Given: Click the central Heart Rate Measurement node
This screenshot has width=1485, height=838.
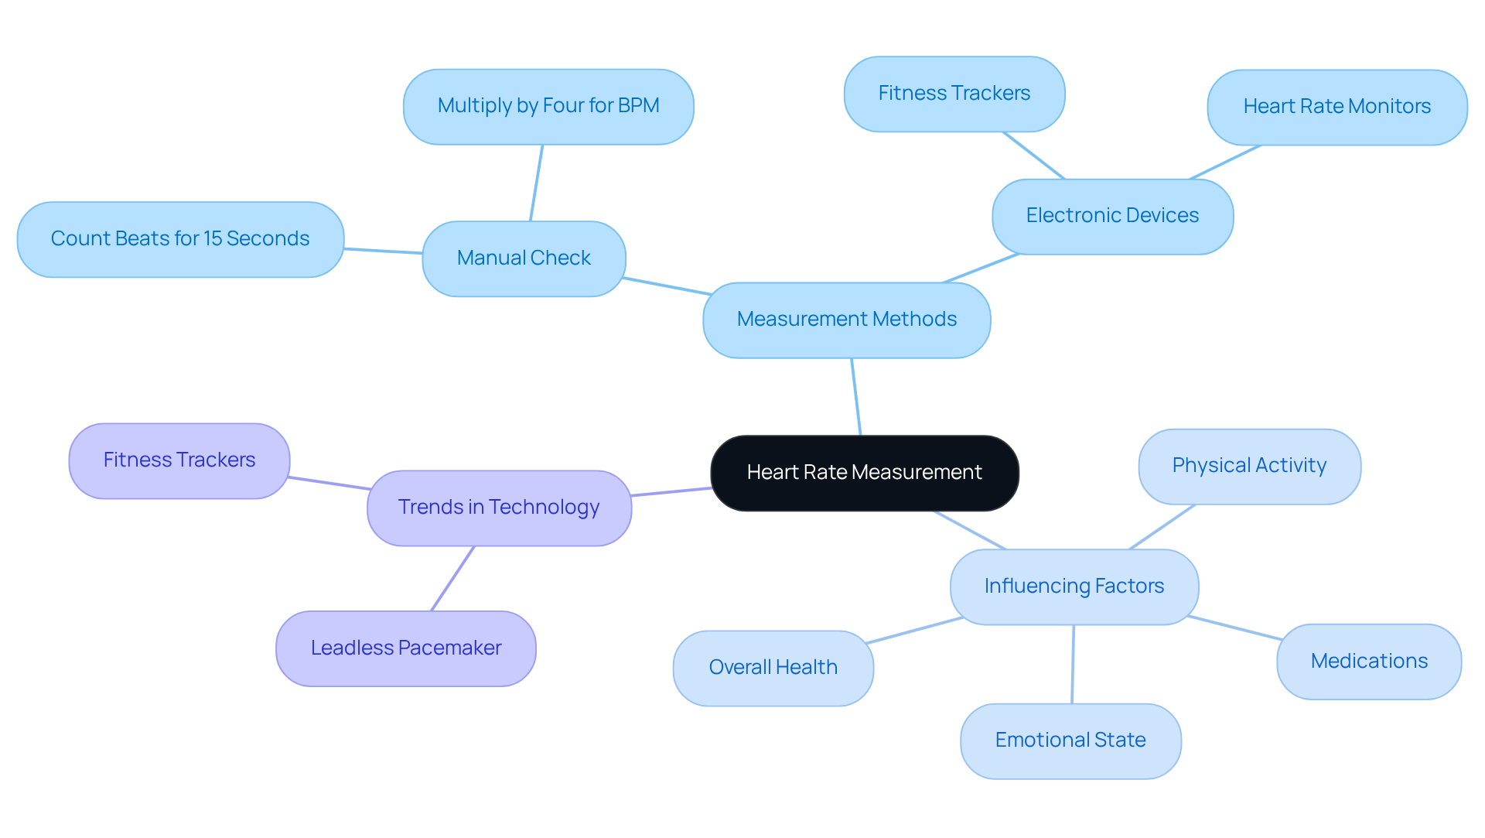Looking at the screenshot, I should coord(864,473).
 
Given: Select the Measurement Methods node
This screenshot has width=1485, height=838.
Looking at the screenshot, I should coord(846,320).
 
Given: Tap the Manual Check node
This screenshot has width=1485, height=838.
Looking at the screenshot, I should coord(524,258).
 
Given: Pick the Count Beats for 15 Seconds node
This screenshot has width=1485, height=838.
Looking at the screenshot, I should coord(179,239).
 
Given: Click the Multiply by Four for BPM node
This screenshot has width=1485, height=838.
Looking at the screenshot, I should coord(548,106).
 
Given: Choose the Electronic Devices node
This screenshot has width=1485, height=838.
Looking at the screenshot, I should coord(1111,216).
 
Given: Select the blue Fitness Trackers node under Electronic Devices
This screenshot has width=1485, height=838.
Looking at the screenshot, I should coord(954,94).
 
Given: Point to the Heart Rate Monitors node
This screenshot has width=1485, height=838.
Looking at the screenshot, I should coord(1336,107).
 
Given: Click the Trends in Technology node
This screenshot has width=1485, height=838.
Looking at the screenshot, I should coord(499,508).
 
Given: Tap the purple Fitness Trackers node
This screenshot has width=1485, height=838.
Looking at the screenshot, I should coord(179,460).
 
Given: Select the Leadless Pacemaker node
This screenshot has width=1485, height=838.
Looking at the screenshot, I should coord(405,648).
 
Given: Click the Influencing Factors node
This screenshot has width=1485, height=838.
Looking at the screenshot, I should coord(1074,587).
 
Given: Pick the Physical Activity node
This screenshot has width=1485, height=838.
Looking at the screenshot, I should coord(1249,466).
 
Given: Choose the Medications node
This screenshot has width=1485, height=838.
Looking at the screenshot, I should coord(1368,662).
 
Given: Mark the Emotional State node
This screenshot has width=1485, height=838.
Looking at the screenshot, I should coord(1070,741).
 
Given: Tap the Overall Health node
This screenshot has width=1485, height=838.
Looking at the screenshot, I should coord(773,668).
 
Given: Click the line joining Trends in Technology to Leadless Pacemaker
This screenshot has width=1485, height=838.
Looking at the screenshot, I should coord(452,579).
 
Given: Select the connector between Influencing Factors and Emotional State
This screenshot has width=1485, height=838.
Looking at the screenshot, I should coord(1073,664).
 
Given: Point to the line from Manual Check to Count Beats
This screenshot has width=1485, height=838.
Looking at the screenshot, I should coord(383,251).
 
